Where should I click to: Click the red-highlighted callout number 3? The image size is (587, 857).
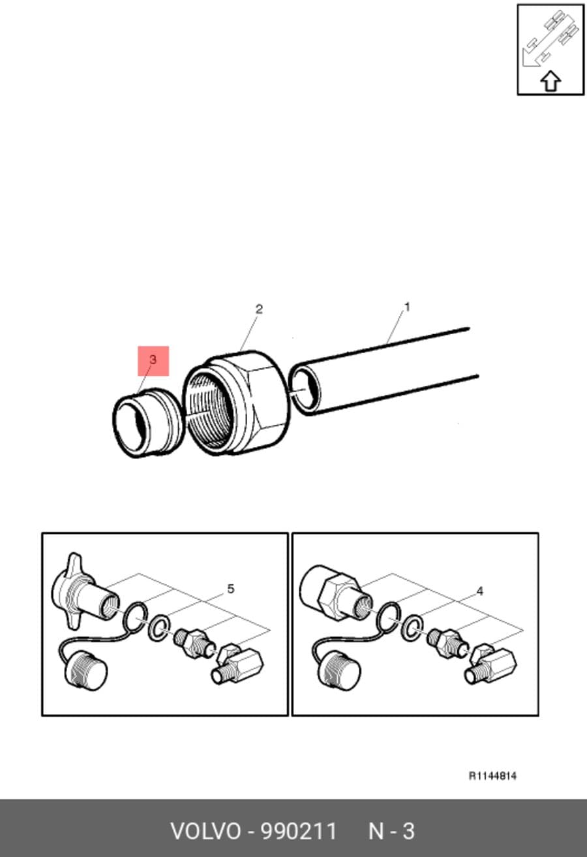pos(153,360)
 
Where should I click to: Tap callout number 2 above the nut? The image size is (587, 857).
pos(259,309)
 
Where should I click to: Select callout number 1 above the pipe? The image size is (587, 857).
pos(407,307)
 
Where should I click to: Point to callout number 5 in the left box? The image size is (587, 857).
pos(231,589)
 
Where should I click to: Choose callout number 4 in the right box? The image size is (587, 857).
pos(480,591)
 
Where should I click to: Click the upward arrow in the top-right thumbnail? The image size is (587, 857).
pos(550,81)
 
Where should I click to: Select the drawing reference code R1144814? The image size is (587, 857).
pos(492,776)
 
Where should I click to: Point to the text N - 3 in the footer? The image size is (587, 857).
pos(391,832)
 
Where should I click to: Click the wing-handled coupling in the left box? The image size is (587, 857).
pos(84,591)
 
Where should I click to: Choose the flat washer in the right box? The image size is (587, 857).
pos(412,628)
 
